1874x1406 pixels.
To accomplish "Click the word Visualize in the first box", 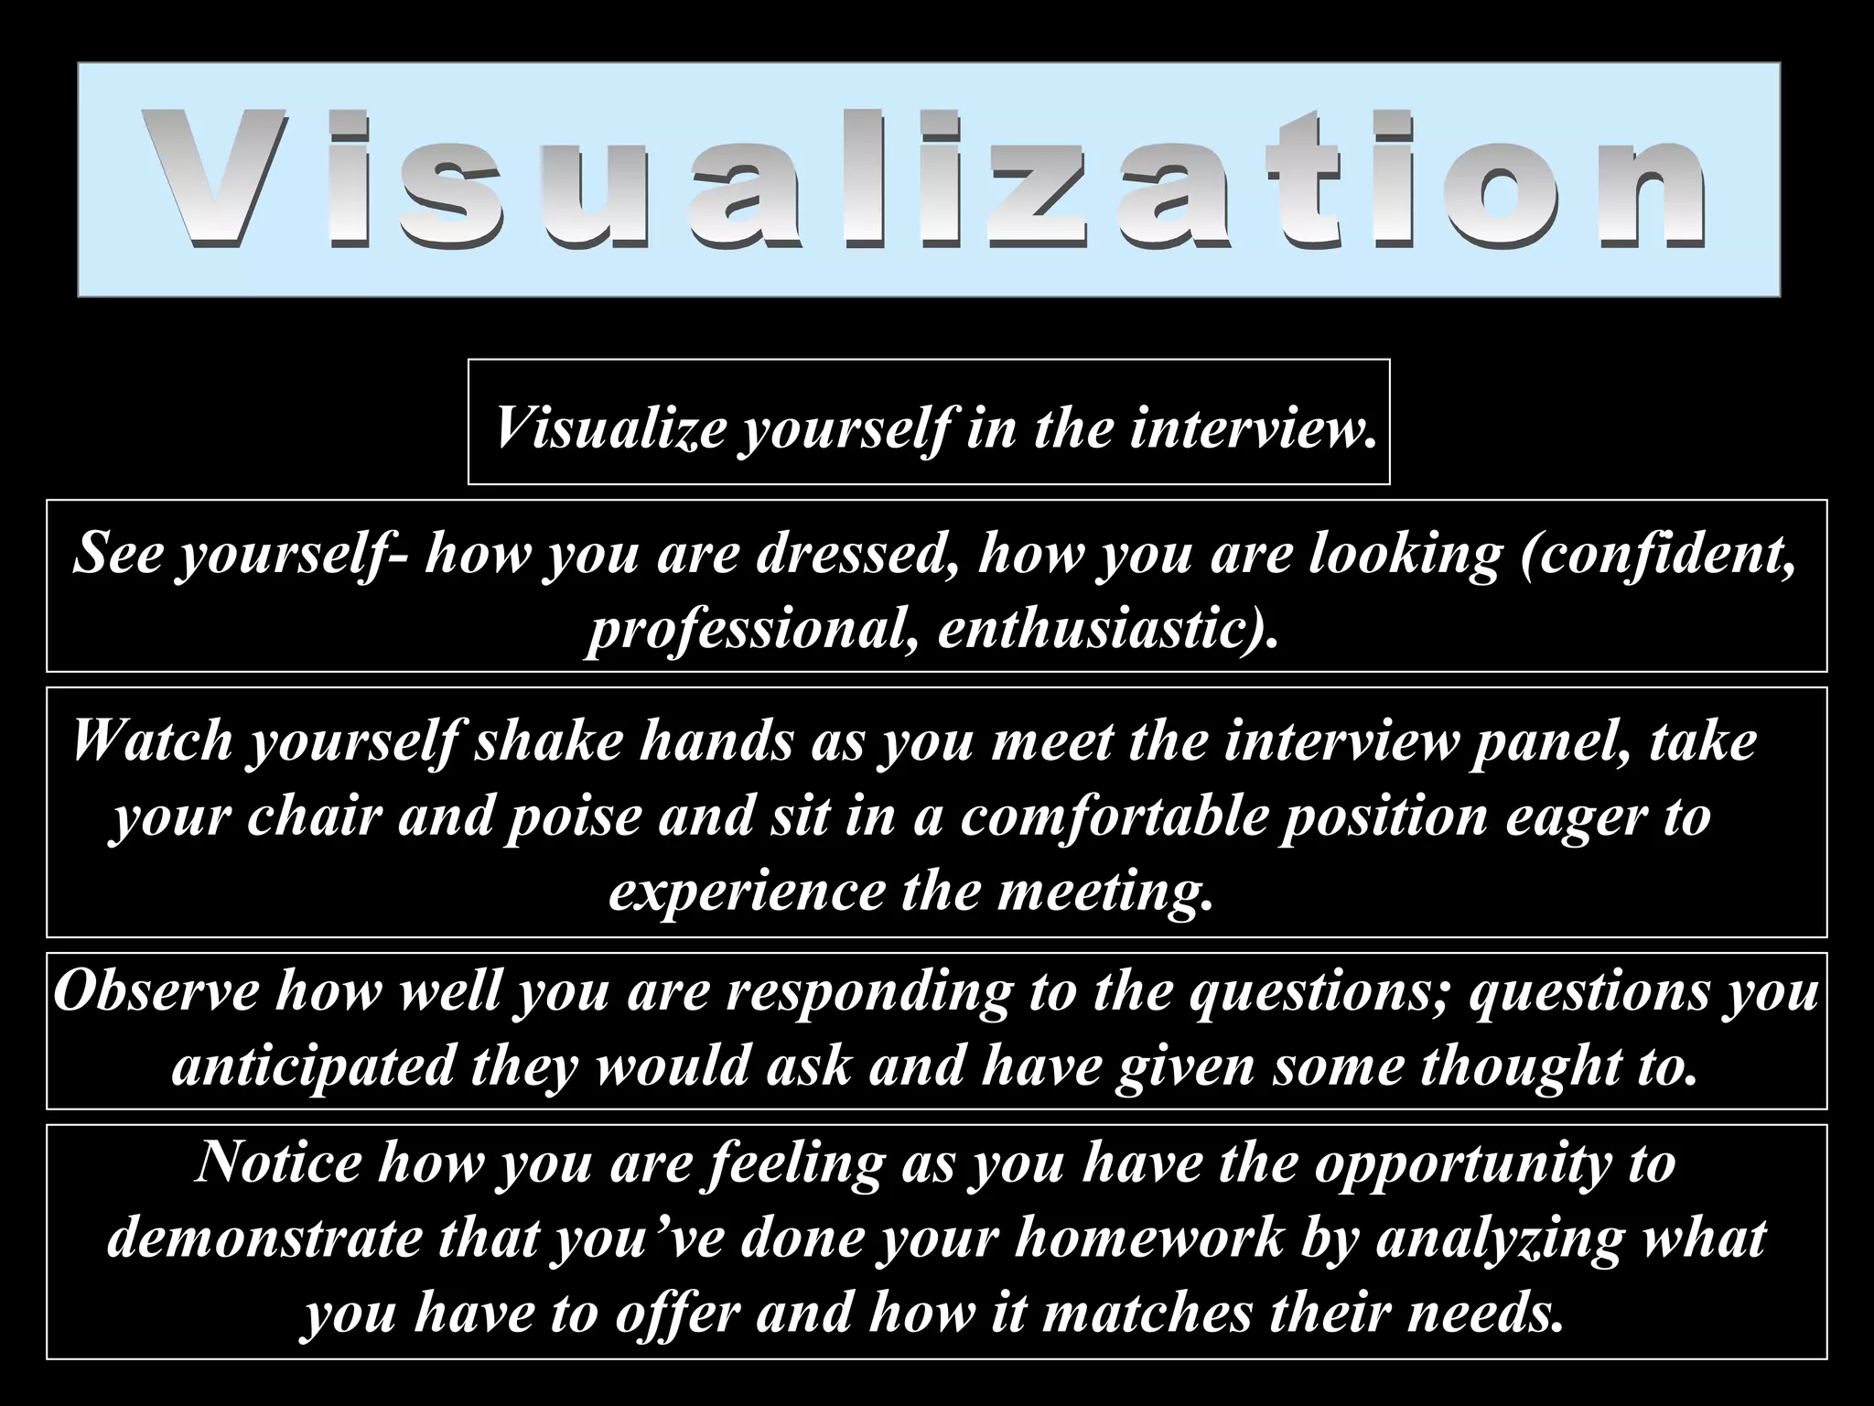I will (609, 427).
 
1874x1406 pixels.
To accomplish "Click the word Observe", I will (156, 990).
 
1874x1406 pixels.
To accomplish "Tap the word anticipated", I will (313, 1066).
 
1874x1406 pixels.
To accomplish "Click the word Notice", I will (279, 1162).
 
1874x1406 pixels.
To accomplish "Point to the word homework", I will (1149, 1238).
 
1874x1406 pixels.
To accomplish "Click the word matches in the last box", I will (1147, 1313).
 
